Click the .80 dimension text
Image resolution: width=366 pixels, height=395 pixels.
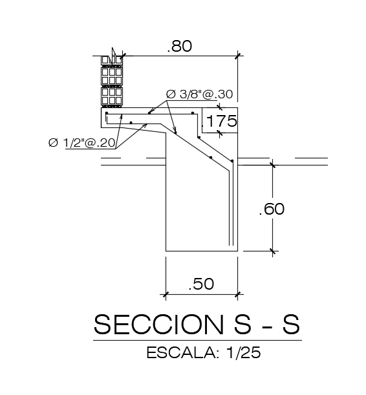point(180,46)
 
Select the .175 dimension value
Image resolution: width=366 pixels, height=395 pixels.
point(220,121)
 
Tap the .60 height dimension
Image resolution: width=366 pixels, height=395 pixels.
point(272,209)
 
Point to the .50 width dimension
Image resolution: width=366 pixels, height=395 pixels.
point(202,283)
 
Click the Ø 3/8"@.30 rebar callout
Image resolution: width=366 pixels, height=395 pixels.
point(200,94)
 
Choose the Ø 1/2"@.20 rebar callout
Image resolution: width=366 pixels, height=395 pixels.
point(82,143)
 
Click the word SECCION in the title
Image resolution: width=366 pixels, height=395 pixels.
point(158,325)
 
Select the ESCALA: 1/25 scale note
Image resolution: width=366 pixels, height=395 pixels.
point(204,352)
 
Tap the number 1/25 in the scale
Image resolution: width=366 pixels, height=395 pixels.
point(244,352)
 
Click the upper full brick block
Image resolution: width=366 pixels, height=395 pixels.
point(112,76)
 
